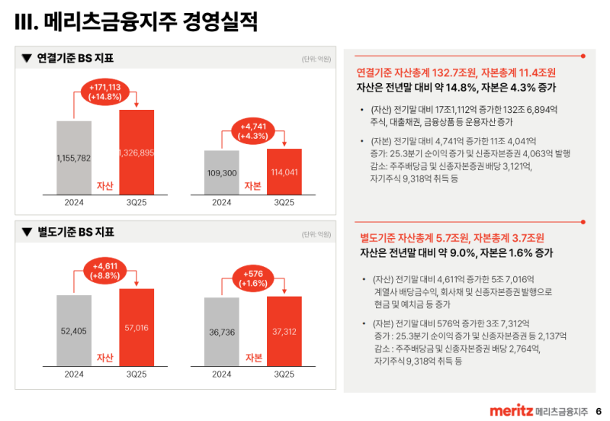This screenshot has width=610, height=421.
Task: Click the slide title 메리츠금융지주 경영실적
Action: (136, 22)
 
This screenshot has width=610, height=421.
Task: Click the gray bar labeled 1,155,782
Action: (74, 157)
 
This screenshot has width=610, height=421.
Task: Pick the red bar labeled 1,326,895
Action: (136, 152)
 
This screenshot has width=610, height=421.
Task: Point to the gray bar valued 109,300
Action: (222, 172)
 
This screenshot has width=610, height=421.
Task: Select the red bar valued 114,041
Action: (284, 170)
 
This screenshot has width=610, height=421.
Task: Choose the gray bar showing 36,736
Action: (222, 332)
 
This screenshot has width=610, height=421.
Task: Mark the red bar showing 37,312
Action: (284, 330)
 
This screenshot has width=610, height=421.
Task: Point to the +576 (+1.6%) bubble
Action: (252, 278)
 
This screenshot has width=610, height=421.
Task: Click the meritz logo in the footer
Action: (511, 411)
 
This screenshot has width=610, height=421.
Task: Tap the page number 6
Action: (599, 411)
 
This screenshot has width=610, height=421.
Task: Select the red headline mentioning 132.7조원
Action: (456, 72)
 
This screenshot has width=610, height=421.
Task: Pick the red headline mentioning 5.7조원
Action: (451, 238)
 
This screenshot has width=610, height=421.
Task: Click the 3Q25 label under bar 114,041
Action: (284, 202)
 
